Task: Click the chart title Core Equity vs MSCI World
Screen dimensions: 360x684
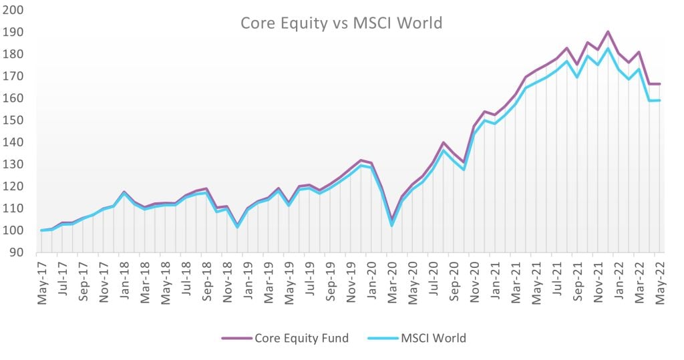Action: coord(341,23)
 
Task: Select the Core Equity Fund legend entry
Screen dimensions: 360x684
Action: coord(285,338)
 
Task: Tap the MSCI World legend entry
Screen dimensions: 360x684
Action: coord(417,338)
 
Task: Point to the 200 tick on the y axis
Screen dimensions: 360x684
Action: coord(15,11)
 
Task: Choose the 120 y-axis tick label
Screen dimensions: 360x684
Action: coord(15,187)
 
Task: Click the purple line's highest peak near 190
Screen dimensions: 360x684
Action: coord(608,31)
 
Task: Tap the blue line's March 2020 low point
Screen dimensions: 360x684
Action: coord(392,225)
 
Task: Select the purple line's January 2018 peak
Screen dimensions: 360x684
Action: coord(124,192)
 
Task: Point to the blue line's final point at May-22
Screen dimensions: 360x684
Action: coord(659,100)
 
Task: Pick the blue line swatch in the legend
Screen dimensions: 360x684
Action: coord(383,338)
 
